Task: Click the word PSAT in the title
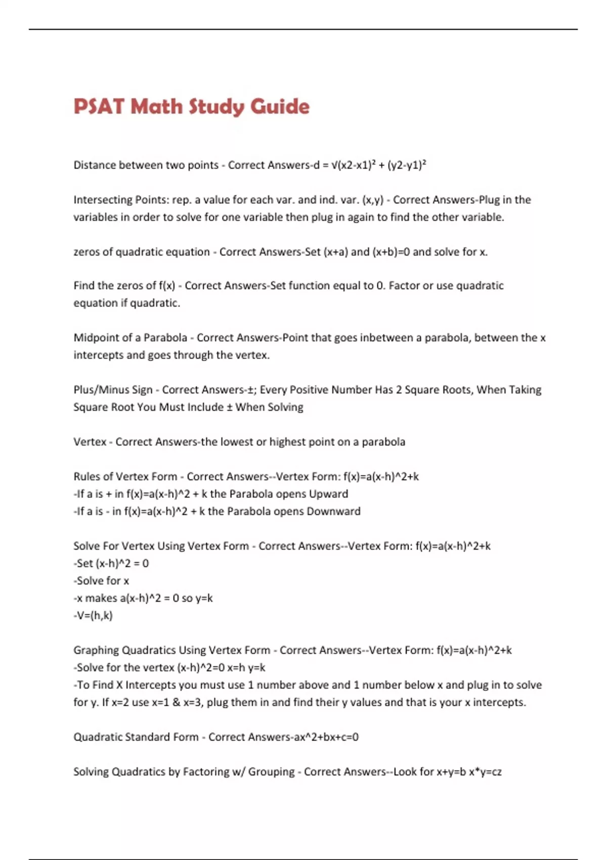tap(99, 107)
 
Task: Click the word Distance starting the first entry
tap(95, 165)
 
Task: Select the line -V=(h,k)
tap(93, 616)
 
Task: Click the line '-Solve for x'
tap(101, 581)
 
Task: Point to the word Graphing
tap(96, 651)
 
